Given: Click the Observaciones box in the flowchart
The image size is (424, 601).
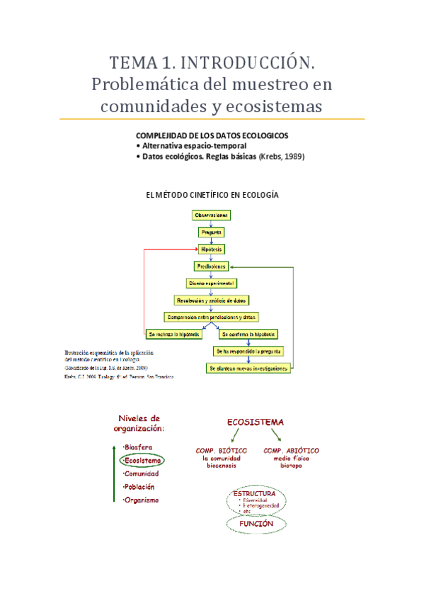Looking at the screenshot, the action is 211,214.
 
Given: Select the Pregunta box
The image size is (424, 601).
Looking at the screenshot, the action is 211,232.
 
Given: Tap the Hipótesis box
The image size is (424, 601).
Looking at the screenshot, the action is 211,249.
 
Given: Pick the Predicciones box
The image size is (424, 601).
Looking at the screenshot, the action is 211,266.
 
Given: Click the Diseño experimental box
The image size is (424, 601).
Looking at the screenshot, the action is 211,283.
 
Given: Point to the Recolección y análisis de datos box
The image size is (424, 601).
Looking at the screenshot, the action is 211,300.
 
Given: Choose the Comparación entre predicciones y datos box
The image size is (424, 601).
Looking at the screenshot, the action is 211,317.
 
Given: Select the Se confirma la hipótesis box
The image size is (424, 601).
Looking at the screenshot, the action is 248,334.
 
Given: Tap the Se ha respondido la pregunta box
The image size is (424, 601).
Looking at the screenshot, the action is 248,351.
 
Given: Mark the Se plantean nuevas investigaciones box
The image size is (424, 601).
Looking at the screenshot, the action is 248,369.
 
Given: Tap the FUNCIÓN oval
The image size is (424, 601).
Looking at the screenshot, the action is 256,523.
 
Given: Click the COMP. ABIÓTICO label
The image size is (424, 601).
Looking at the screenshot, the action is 291,450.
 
